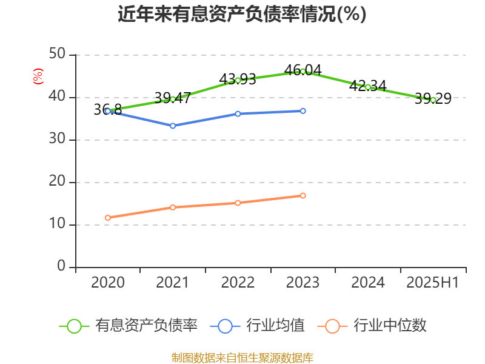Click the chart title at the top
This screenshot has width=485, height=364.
tap(242, 14)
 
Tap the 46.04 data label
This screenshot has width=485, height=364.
tap(303, 70)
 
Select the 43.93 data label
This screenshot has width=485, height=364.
tap(238, 79)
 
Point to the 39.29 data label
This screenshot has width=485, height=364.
tap(433, 98)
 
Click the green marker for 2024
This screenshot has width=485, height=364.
tap(368, 87)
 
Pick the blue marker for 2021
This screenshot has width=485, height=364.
tap(173, 126)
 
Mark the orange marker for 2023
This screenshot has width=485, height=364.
tap(303, 195)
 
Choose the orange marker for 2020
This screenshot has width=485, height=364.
tap(107, 217)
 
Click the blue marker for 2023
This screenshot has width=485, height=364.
tap(303, 111)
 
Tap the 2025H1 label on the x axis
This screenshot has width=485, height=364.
tap(433, 282)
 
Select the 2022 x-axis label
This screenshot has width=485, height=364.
tap(238, 282)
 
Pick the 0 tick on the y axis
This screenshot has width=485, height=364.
tap(61, 267)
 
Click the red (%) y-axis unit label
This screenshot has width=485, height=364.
tap(38, 76)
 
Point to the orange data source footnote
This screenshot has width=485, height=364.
tap(242, 357)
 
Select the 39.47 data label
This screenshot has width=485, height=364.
tap(173, 97)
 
